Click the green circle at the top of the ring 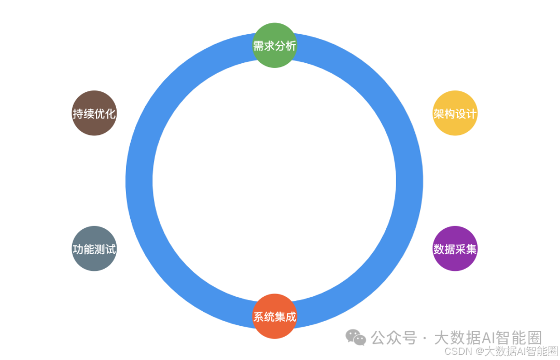click(x=274, y=36)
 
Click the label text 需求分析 click(x=274, y=46)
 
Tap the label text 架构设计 click(x=455, y=114)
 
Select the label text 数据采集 click(x=455, y=250)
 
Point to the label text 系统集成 click(x=274, y=316)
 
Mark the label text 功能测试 click(x=94, y=250)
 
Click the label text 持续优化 click(x=94, y=114)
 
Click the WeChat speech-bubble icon click(x=356, y=338)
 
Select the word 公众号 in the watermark click(x=394, y=338)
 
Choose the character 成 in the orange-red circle click(x=290, y=316)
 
